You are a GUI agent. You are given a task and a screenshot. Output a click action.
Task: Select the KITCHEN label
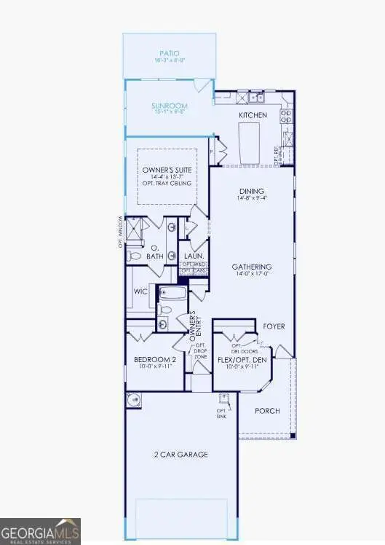click(x=253, y=115)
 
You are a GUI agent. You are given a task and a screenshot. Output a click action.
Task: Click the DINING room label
click(x=247, y=193)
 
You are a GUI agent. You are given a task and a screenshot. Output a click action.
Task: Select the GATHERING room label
click(x=252, y=267)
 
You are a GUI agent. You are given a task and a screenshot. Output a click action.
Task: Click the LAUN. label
click(x=193, y=256)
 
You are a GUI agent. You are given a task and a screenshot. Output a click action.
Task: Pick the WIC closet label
click(x=140, y=292)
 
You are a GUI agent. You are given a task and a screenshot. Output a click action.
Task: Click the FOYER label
click(x=274, y=326)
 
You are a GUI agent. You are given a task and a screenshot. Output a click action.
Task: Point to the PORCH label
click(x=267, y=411)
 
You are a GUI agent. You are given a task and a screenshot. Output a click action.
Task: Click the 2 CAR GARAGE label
click(x=182, y=455)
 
